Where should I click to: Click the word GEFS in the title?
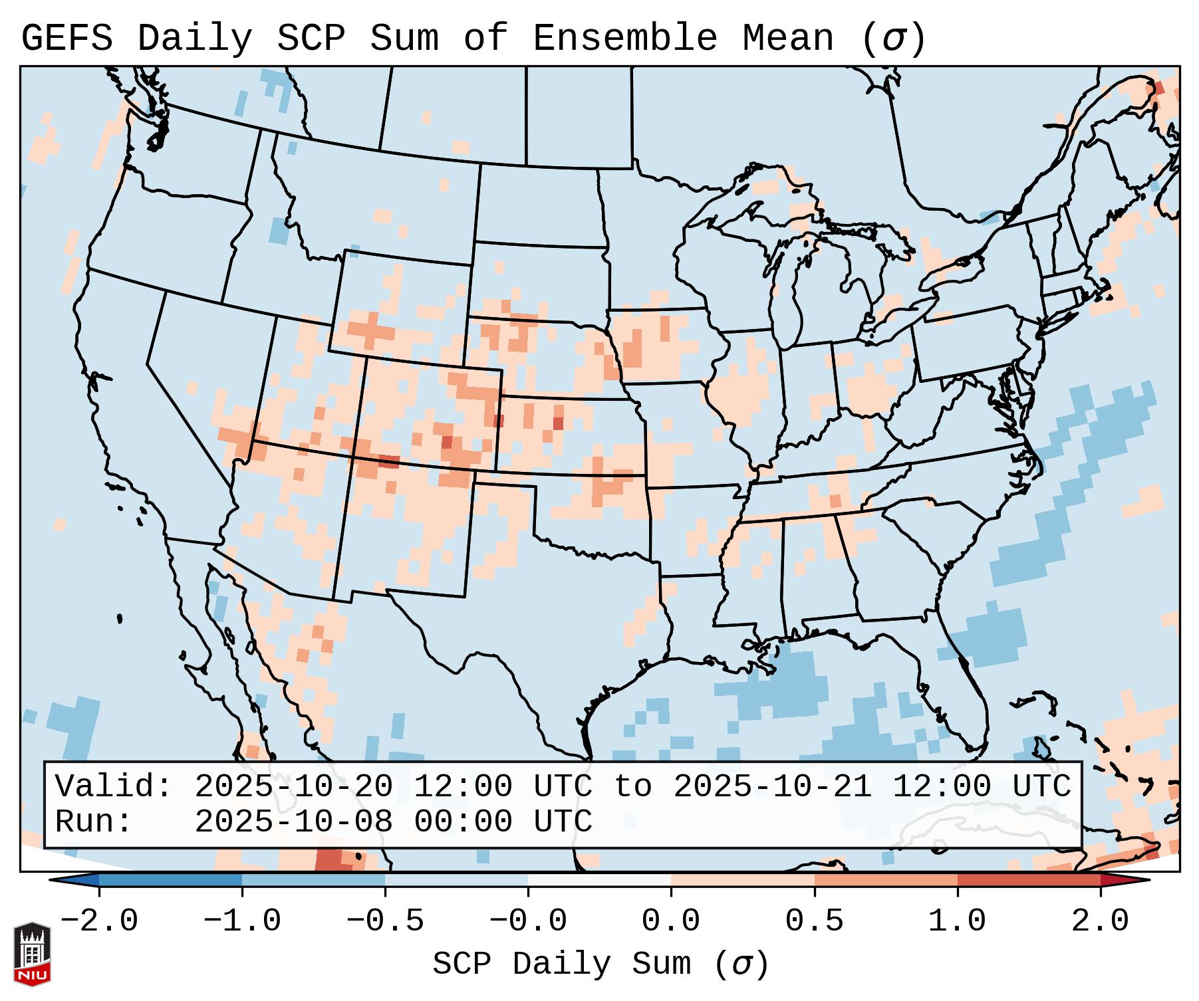[67, 38]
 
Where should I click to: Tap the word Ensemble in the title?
[624, 38]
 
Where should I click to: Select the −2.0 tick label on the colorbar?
[99, 921]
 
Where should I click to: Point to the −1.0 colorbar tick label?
[242, 921]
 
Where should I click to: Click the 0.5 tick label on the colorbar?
[815, 921]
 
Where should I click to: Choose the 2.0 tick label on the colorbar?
[1101, 921]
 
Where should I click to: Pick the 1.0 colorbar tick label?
[958, 921]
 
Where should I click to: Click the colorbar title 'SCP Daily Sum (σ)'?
[600, 964]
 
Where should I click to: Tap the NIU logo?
[32, 954]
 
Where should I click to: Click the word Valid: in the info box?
[114, 786]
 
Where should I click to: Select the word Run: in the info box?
[94, 822]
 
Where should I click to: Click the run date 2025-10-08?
[294, 822]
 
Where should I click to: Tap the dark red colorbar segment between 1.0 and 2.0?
[1029, 880]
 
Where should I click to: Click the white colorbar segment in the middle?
[599, 880]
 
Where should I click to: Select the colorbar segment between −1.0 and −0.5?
[313, 880]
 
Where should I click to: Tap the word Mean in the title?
[787, 38]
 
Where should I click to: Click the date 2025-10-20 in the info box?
[294, 786]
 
